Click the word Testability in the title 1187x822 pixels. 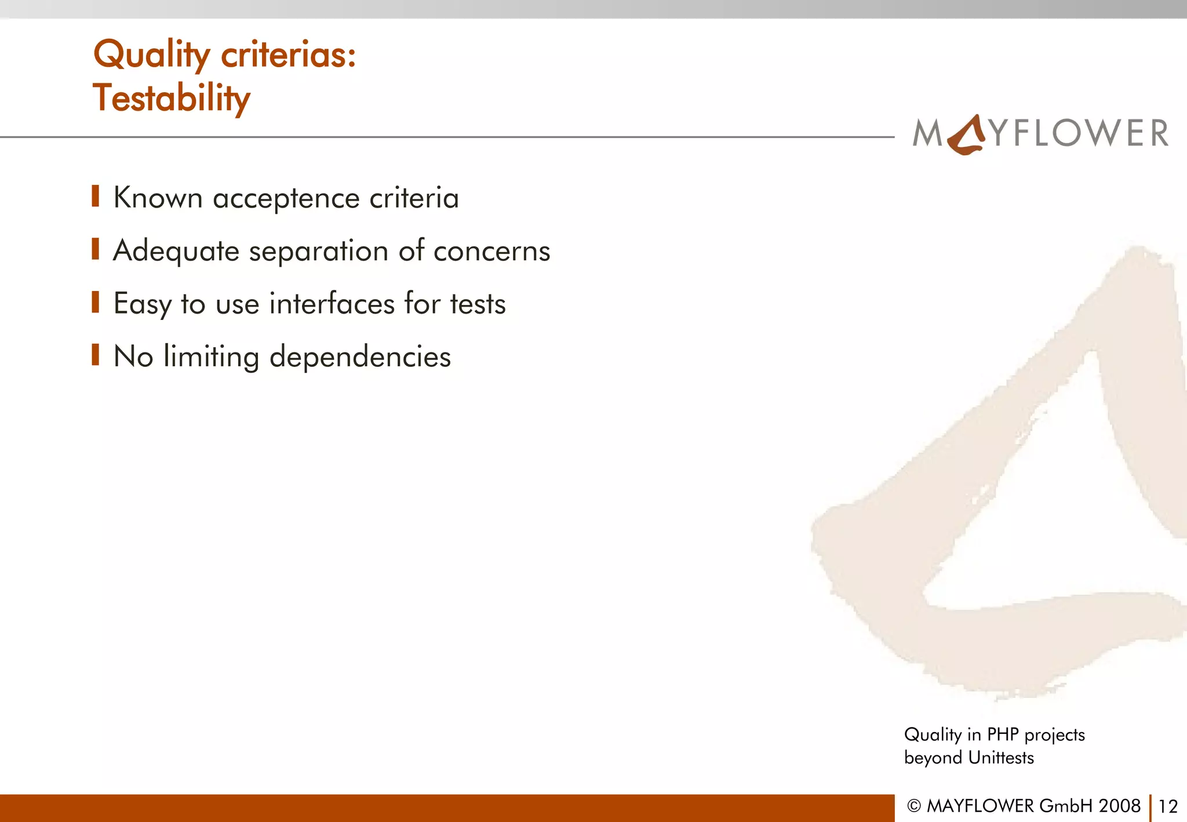pos(172,99)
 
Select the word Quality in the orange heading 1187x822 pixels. pos(151,56)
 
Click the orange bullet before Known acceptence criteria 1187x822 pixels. pos(96,196)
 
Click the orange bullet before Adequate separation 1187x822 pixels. pos(96,249)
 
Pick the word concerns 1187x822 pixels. pos(491,251)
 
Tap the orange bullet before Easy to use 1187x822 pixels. pos(96,301)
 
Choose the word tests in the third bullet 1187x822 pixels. pos(478,304)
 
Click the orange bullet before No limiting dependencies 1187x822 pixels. pos(96,354)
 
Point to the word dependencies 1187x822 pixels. pos(360,357)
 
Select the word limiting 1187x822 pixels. pos(211,357)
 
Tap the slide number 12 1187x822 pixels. pos(1168,806)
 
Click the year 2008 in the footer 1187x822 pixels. pos(1119,806)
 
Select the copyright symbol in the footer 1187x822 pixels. pos(914,806)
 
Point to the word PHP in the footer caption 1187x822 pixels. pos(1003,734)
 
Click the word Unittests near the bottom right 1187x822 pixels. pos(1001,758)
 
